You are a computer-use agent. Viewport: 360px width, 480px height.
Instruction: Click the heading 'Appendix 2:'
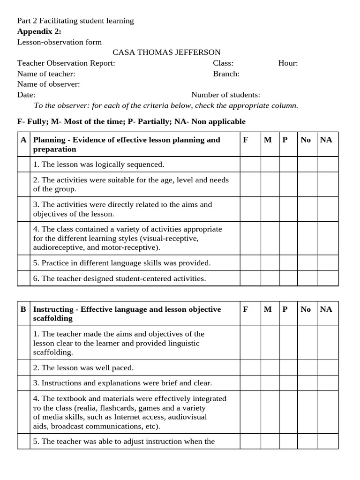pos(39,31)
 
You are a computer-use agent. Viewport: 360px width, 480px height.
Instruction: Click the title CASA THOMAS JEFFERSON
pos(166,52)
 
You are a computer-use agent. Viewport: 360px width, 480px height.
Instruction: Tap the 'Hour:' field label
pos(288,63)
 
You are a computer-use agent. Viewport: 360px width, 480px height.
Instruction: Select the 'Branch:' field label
pos(226,74)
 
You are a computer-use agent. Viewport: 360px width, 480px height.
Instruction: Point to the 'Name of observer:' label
pos(49,84)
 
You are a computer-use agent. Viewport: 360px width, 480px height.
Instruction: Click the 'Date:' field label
pos(26,95)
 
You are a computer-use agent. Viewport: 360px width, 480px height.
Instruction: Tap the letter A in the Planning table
pos(23,140)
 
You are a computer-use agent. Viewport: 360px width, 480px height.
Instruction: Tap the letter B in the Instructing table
pos(23,309)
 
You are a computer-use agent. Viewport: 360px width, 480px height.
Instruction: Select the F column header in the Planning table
pos(245,140)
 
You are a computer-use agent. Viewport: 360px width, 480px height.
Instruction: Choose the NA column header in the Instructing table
pos(326,309)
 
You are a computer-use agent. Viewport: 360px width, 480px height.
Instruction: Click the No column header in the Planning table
pos(306,140)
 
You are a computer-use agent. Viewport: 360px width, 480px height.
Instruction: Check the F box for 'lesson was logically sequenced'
pos(250,165)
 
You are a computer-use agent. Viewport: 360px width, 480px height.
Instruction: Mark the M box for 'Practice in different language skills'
pos(270,263)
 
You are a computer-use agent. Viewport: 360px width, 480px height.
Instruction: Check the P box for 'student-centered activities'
pos(288,278)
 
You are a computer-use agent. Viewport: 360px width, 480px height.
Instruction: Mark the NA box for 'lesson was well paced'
pos(328,368)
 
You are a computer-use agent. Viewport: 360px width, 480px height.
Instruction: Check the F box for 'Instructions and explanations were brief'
pos(250,383)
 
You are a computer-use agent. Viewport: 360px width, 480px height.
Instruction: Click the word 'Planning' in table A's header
pos(49,140)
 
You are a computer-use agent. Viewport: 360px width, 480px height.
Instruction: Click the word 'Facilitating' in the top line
pos(59,21)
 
